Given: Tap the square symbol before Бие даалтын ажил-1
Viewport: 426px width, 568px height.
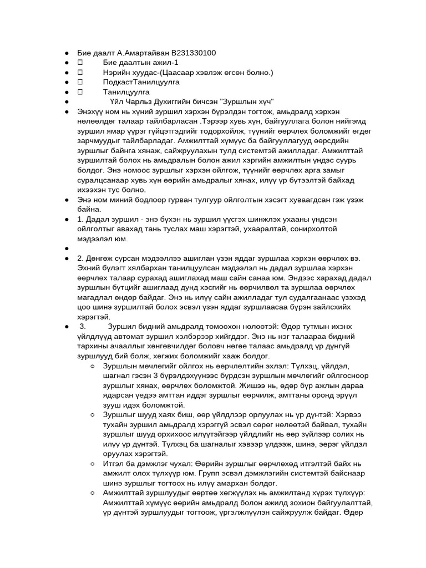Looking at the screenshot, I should (80, 63).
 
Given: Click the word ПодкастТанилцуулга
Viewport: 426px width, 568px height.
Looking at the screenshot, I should (141, 82).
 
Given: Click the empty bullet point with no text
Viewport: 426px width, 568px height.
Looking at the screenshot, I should (66, 248).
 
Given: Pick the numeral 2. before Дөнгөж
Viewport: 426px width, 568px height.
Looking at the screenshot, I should (80, 258).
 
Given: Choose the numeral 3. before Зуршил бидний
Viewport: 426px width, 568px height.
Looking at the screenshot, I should (83, 327).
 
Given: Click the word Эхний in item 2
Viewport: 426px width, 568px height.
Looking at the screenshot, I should (88, 268).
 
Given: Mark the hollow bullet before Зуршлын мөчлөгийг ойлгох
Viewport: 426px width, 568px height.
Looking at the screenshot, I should (93, 366).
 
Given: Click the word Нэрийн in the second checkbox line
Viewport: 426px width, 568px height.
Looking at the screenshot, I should (116, 73).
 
